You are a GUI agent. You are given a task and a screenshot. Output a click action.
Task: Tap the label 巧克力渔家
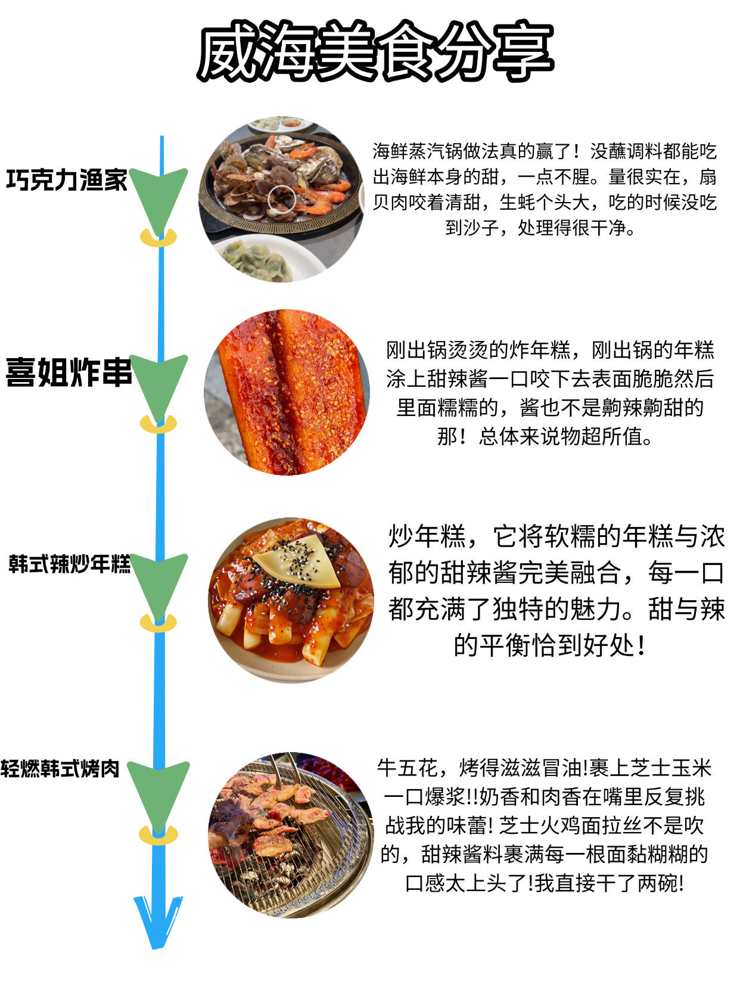[67, 179]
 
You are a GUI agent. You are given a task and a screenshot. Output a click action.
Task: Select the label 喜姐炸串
[69, 373]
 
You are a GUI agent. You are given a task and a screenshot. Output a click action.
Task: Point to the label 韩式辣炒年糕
[69, 563]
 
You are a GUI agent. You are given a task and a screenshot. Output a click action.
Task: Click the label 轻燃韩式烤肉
[60, 768]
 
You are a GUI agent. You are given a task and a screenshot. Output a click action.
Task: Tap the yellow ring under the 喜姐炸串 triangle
[158, 424]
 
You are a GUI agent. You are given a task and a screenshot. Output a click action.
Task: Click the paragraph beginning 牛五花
[544, 825]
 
